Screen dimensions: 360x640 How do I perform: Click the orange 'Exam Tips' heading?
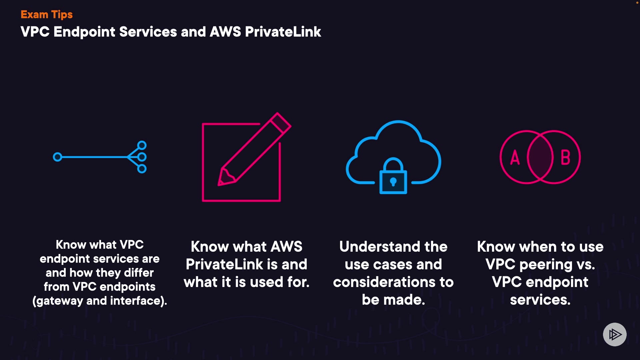click(x=46, y=15)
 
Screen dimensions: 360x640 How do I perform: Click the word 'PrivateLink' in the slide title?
click(x=283, y=32)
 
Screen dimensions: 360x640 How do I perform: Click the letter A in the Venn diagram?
click(x=515, y=157)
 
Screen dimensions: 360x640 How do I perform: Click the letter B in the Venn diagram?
click(x=565, y=157)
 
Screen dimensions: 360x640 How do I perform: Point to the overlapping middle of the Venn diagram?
click(x=540, y=157)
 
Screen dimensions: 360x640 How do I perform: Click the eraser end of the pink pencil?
click(x=280, y=122)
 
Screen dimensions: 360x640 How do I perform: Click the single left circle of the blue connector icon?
click(x=58, y=157)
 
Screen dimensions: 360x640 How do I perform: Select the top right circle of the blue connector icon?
click(x=142, y=145)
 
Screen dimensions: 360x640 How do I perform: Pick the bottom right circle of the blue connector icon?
click(x=142, y=169)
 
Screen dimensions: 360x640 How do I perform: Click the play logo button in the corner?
click(x=615, y=334)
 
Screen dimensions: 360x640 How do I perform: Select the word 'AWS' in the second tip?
click(x=287, y=247)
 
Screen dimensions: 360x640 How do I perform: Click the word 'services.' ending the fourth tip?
click(x=540, y=300)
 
